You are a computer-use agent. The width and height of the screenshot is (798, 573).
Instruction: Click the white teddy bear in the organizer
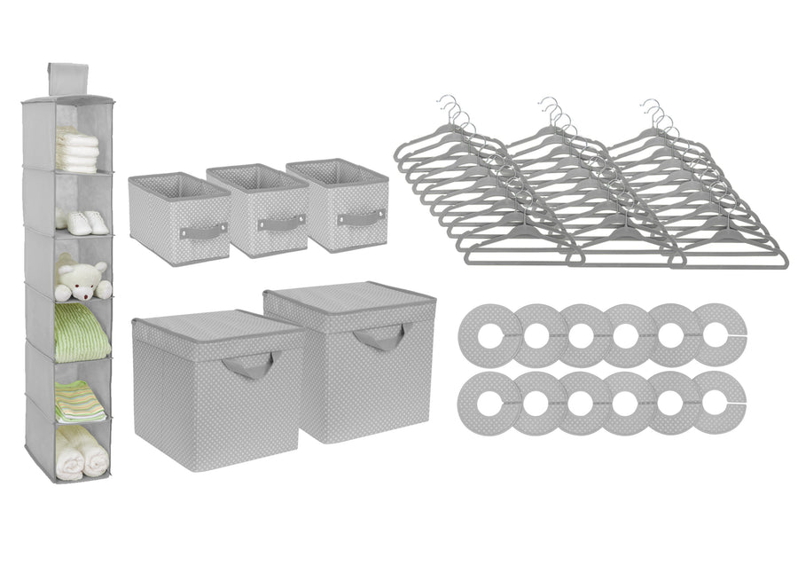[x=82, y=281]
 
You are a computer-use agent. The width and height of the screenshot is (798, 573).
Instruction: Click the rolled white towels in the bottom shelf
[x=82, y=451]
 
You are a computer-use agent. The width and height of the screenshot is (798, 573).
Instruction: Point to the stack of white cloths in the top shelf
[x=77, y=150]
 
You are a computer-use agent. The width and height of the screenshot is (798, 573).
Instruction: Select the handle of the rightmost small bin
[x=361, y=216]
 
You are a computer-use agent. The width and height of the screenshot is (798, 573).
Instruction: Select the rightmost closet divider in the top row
[x=718, y=334]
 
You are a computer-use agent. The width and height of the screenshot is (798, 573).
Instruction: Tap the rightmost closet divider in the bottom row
[x=718, y=402]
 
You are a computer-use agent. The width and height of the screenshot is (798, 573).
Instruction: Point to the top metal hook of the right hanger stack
[x=651, y=103]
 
